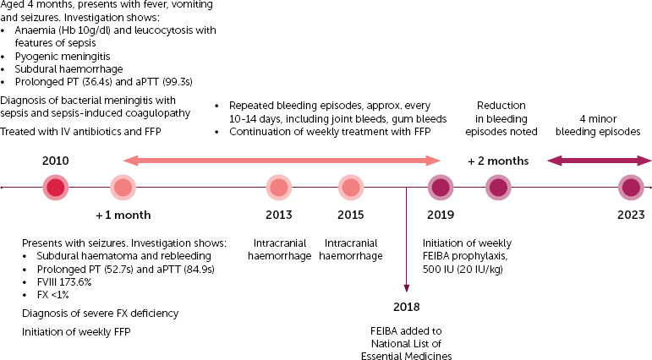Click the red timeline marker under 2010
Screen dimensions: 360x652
coord(56,188)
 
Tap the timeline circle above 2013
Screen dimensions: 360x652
coord(279,188)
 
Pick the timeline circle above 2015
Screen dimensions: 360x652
coord(351,188)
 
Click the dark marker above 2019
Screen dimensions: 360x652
coord(440,188)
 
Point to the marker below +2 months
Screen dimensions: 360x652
coord(498,188)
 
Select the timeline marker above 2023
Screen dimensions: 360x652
coord(631,188)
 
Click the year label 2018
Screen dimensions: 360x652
coord(407,308)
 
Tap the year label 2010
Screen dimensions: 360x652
coord(56,161)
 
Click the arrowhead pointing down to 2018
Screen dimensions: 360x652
coord(407,289)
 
